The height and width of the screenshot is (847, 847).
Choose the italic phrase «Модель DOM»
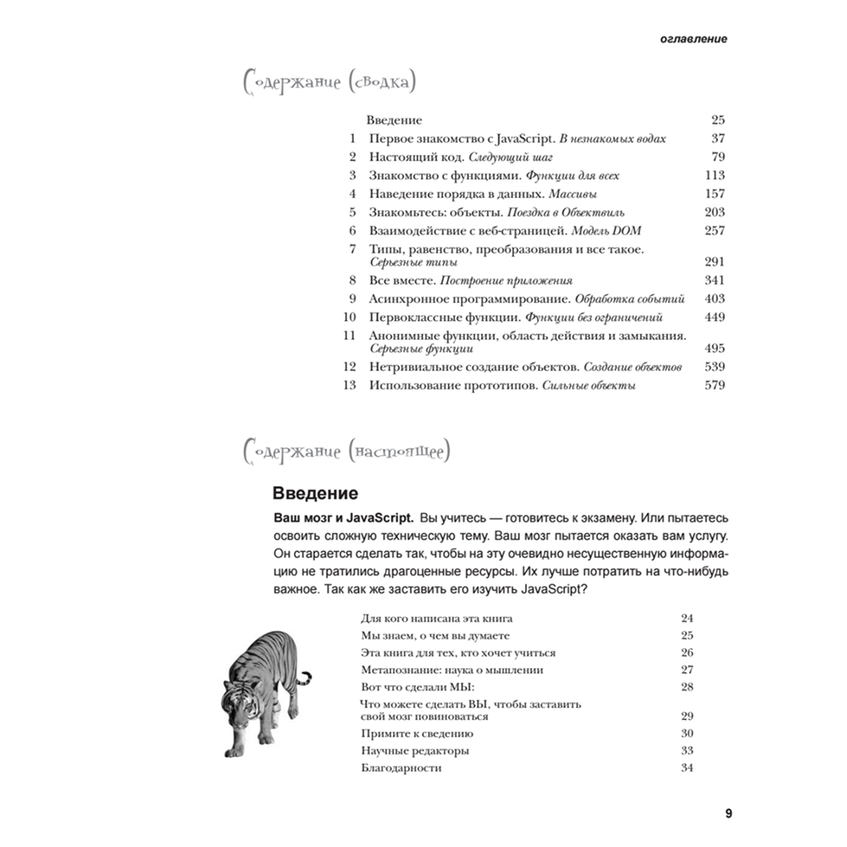(x=603, y=230)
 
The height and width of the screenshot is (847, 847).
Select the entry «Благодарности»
(x=401, y=768)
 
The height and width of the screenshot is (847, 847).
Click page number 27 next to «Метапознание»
(x=687, y=669)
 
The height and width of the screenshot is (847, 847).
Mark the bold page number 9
(x=728, y=814)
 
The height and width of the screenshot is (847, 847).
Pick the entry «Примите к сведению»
(x=417, y=734)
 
